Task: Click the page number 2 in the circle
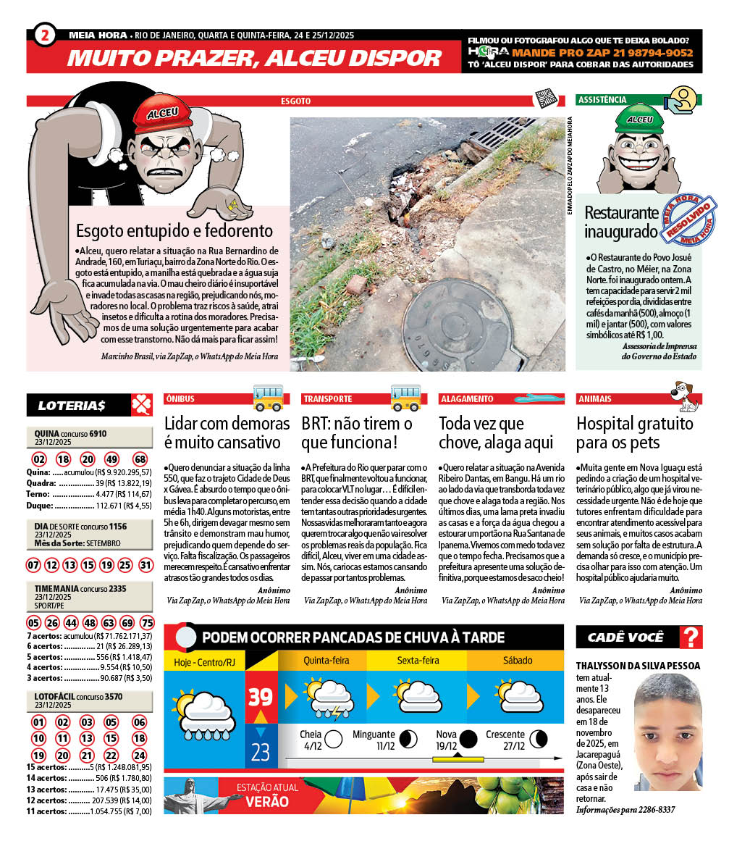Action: coord(45,35)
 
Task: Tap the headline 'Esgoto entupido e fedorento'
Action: coord(174,231)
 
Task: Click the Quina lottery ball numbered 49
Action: coord(112,459)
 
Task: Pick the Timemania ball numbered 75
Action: coord(147,623)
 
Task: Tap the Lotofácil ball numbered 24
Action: coord(139,755)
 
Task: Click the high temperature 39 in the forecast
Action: coord(260,697)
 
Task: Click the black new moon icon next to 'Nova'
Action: coord(468,739)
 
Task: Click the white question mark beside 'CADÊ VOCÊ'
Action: coord(692,637)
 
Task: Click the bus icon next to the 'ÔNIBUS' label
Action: coord(268,398)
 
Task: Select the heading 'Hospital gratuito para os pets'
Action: coord(634,432)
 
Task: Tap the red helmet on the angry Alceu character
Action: coord(162,116)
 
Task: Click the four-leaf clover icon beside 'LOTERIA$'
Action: coord(141,405)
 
